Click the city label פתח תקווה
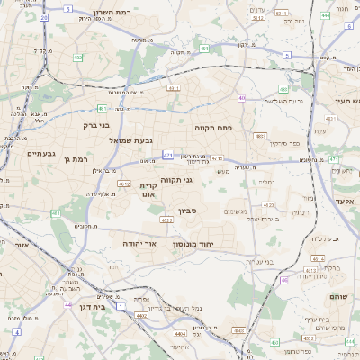pyautogui.click(x=213, y=128)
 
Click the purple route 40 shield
pyautogui.click(x=241, y=97)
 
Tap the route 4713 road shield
pyautogui.click(x=217, y=158)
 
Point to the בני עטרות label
pyautogui.click(x=261, y=261)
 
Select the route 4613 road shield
pyautogui.click(x=310, y=269)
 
